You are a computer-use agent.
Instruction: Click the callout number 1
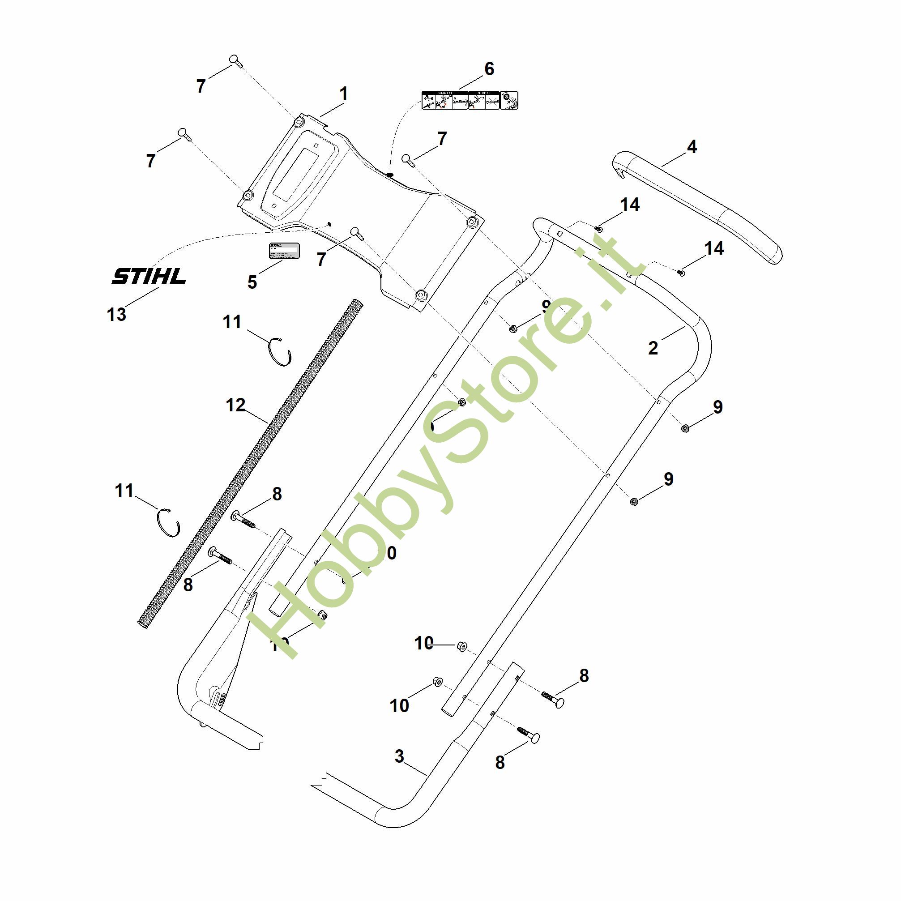(x=344, y=94)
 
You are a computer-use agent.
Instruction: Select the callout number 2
(x=653, y=348)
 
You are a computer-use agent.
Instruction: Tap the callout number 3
(x=399, y=756)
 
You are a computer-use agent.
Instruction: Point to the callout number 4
(x=692, y=147)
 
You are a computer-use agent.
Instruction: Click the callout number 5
(x=252, y=282)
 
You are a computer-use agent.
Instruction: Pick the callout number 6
(x=489, y=69)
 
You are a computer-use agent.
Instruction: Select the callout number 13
(x=116, y=314)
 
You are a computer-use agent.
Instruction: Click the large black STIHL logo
(x=148, y=276)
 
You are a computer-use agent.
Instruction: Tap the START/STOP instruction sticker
(x=469, y=100)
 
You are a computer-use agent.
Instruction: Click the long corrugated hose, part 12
(x=252, y=462)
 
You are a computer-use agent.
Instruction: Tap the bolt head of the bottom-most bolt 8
(x=535, y=738)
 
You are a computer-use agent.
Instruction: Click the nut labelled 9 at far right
(x=685, y=427)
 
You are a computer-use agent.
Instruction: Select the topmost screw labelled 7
(x=235, y=60)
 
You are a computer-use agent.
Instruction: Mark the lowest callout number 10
(x=399, y=705)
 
